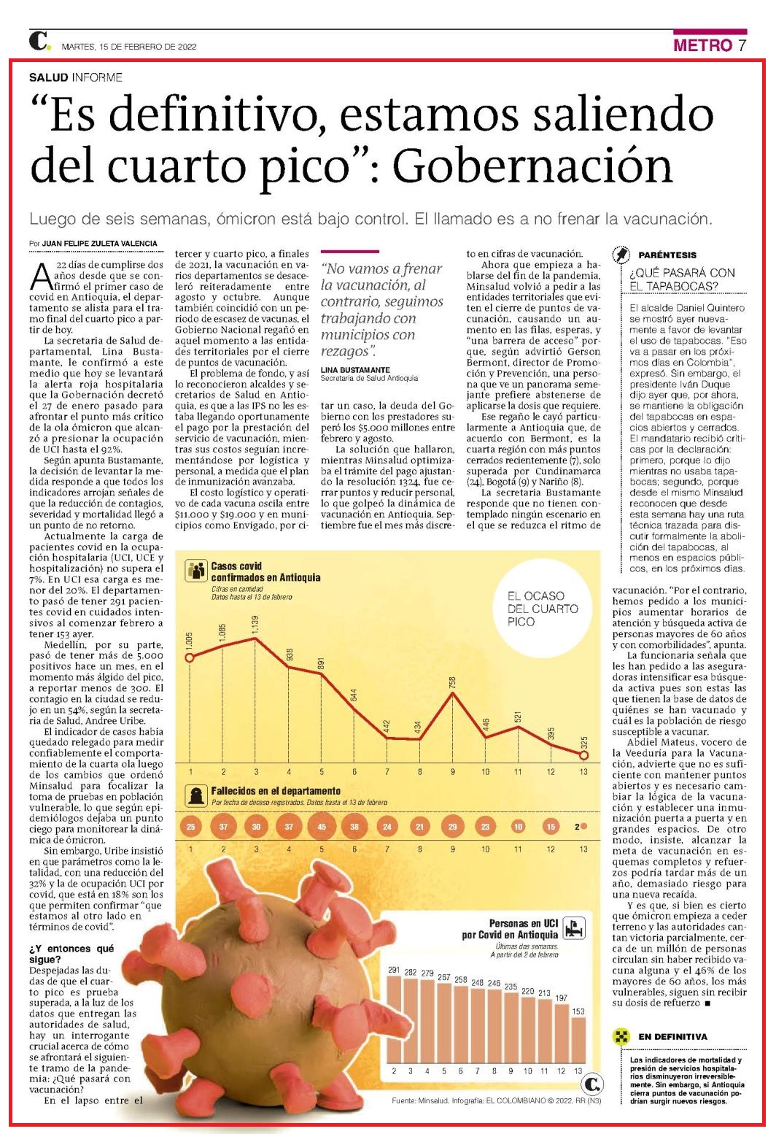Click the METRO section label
(702, 45)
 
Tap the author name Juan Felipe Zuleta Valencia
(100, 244)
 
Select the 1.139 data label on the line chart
(255, 625)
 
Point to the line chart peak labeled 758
(452, 693)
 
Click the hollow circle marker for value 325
(583, 755)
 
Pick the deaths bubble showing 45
(321, 827)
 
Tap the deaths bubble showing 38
(354, 827)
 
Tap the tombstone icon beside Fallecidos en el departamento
(195, 796)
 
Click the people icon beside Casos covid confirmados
(195, 571)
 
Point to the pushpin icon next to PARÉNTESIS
(621, 255)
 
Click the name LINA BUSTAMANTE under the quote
(355, 370)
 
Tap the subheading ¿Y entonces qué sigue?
(71, 954)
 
